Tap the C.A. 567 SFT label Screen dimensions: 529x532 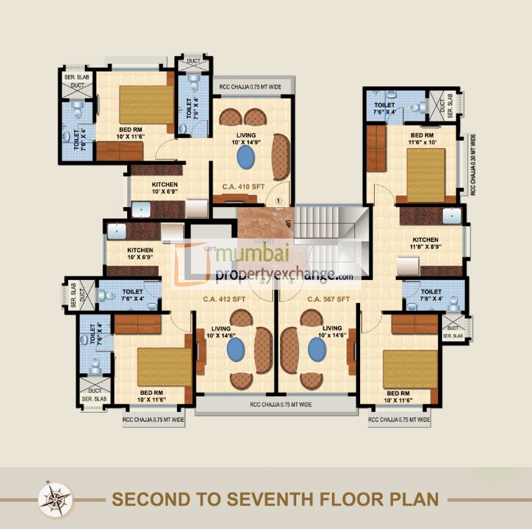tap(328, 300)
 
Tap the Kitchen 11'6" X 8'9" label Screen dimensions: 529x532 tap(425, 243)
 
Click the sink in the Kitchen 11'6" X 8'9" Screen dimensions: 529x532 tap(451, 215)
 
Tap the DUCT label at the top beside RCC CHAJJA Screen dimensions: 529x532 tap(193, 62)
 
